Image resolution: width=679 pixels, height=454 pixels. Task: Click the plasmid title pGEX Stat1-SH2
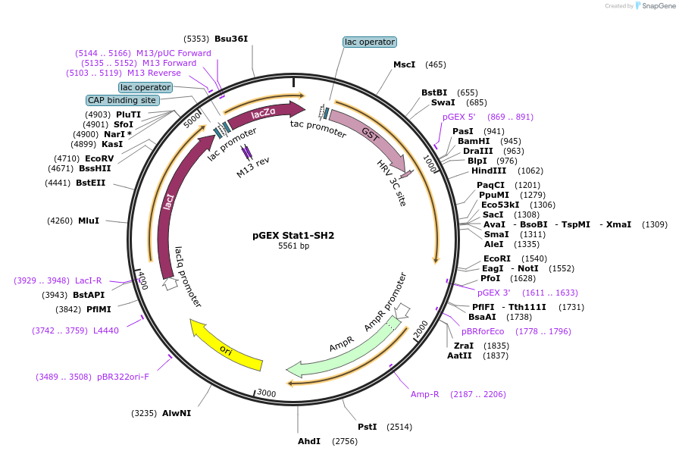(293, 235)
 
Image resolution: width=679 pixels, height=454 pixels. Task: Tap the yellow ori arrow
(225, 348)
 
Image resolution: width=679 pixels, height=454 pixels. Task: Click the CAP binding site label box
(122, 100)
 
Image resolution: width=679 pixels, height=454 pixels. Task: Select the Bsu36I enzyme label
(231, 39)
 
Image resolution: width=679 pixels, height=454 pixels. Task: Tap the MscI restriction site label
(404, 64)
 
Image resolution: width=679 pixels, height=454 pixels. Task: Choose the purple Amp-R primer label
(424, 394)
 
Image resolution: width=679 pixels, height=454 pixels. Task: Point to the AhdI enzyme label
(308, 441)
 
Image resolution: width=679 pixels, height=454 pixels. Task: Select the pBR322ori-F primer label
(123, 377)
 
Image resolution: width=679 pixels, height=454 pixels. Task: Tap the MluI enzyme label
(89, 221)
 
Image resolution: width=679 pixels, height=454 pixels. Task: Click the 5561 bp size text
(293, 246)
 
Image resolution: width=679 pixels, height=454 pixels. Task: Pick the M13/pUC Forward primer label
(174, 53)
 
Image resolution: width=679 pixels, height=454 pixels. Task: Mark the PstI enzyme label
(368, 427)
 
